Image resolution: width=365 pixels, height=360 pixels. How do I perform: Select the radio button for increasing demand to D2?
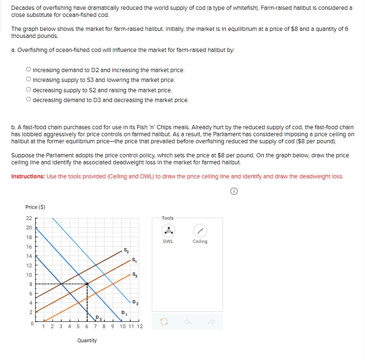tap(29, 70)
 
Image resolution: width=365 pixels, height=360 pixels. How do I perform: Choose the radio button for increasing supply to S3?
tap(29, 80)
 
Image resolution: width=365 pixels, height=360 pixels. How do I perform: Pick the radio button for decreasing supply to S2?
tap(29, 90)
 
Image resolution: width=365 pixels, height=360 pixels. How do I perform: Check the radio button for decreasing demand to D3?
tap(29, 100)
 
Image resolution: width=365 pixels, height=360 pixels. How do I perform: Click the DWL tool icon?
tap(168, 231)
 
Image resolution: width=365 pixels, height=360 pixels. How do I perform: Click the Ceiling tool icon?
tap(200, 231)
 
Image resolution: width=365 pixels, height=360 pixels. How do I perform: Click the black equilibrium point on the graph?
tap(87, 284)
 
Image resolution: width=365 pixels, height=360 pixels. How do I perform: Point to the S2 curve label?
tap(126, 250)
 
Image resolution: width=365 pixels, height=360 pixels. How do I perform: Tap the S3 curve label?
tap(135, 274)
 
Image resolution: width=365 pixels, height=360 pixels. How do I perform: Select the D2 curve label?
tap(134, 302)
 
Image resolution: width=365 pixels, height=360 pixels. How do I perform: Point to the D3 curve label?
tap(97, 318)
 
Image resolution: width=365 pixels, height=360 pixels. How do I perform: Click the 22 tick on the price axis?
tap(29, 218)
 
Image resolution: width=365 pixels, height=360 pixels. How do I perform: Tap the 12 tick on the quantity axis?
tap(140, 326)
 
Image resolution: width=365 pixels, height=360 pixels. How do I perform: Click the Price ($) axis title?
tap(35, 207)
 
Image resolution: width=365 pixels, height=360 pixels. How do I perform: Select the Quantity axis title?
tap(87, 340)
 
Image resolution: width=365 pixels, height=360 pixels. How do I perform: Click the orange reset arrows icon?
tap(164, 322)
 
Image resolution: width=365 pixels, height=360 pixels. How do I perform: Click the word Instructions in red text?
tap(28, 176)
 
